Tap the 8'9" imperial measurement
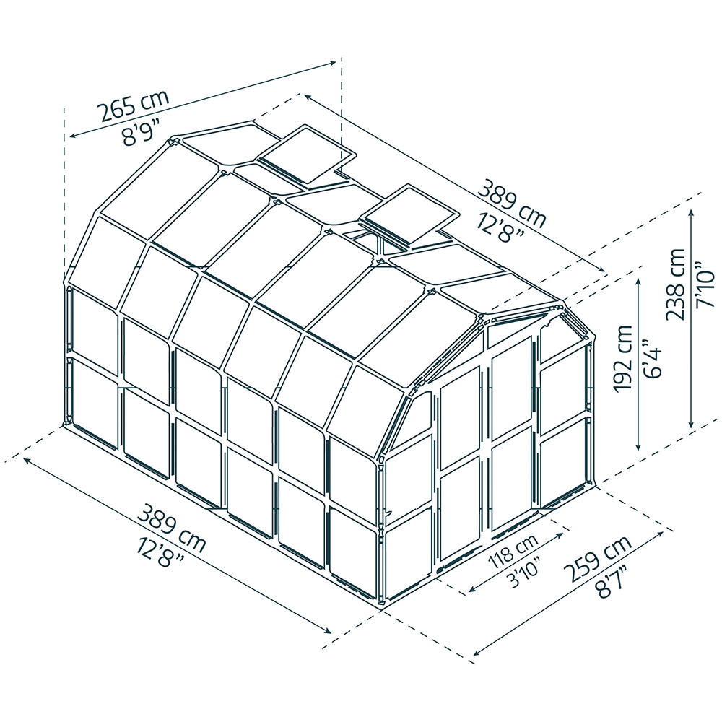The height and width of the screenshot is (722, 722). [x=147, y=132]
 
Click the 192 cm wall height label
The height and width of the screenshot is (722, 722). [x=622, y=359]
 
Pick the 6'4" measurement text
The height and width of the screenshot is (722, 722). [x=650, y=359]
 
